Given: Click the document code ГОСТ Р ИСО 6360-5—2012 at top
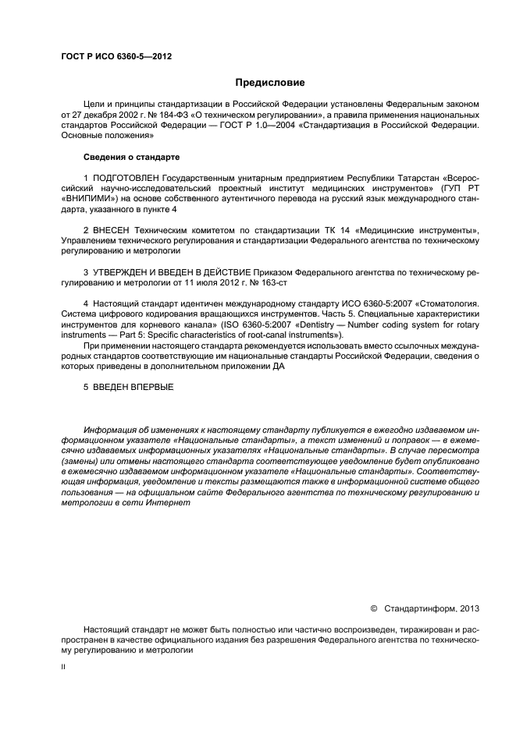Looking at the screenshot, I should click(x=116, y=57).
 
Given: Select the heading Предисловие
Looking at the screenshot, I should click(x=270, y=83).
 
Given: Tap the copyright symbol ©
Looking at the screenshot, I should click(x=372, y=608).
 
